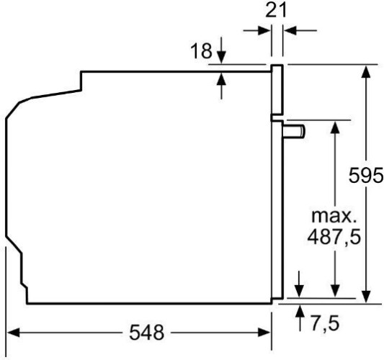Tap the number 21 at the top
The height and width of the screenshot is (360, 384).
[277, 10]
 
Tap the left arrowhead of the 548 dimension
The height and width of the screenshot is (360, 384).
[13, 333]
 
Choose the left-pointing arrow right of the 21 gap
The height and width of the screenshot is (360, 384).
[289, 30]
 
